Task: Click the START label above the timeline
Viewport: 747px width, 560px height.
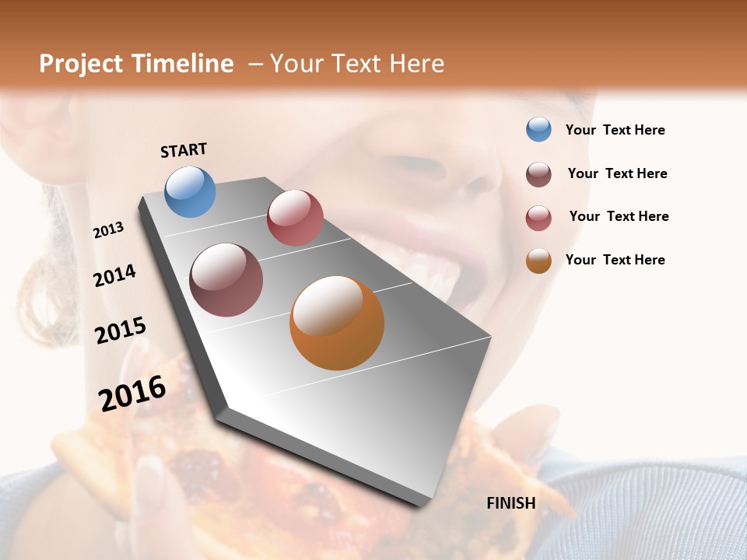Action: [184, 150]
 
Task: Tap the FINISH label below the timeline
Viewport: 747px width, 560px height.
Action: [510, 503]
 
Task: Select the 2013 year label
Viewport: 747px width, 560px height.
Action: [108, 230]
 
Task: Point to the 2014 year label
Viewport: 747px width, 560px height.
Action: [114, 276]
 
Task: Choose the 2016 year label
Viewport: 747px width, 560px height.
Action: [132, 393]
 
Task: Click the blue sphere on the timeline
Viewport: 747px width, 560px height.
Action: [191, 191]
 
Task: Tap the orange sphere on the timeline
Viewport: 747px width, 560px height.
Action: [337, 323]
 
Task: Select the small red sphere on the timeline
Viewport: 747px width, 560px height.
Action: [295, 218]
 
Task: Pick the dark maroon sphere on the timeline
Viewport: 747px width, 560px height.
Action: [226, 280]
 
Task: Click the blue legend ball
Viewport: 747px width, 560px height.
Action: [538, 129]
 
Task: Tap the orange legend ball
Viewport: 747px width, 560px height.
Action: [538, 260]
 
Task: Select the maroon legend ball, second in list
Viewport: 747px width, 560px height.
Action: [538, 174]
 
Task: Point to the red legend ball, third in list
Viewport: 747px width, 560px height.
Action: [538, 218]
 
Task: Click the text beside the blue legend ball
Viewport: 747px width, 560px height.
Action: [615, 131]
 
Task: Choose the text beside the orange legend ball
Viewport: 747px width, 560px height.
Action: [615, 260]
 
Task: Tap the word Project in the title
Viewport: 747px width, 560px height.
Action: [81, 64]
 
